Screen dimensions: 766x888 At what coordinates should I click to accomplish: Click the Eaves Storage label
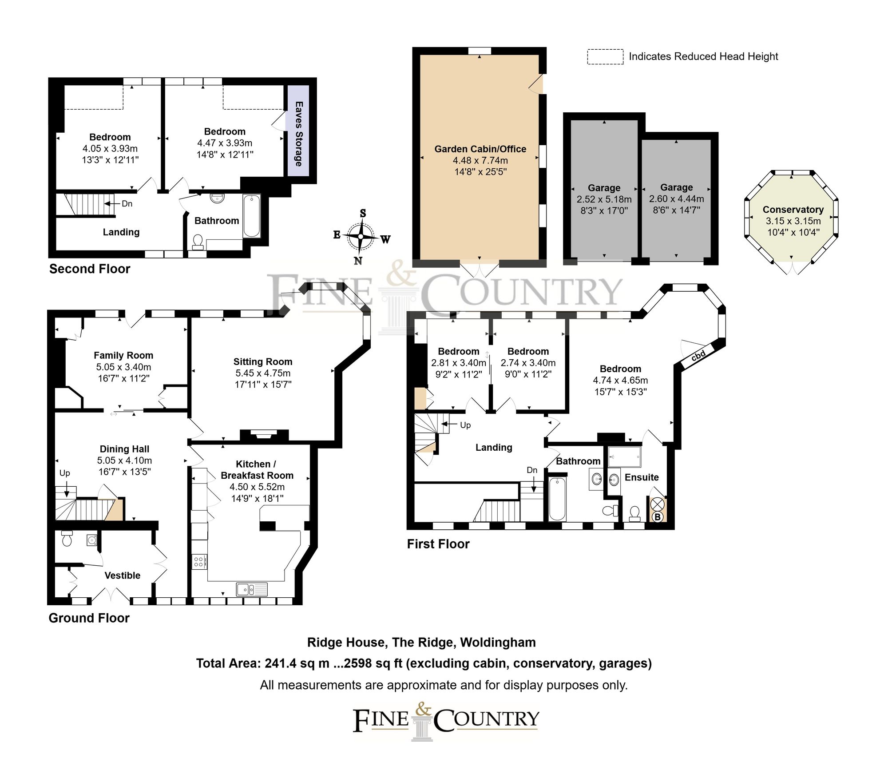pyautogui.click(x=299, y=134)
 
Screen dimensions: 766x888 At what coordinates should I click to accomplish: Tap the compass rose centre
pyautogui.click(x=361, y=237)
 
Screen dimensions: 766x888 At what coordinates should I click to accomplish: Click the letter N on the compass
pyautogui.click(x=358, y=261)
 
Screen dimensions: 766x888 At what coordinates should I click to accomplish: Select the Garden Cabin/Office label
pyautogui.click(x=480, y=149)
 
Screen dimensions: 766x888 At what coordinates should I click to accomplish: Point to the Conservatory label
pyautogui.click(x=793, y=210)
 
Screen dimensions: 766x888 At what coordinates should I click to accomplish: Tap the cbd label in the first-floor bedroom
pyautogui.click(x=698, y=356)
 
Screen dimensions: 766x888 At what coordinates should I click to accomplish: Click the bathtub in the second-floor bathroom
pyautogui.click(x=251, y=216)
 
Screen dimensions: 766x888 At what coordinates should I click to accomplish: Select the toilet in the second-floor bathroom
pyautogui.click(x=198, y=241)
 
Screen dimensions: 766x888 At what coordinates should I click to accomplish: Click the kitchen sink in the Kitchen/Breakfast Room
pyautogui.click(x=252, y=589)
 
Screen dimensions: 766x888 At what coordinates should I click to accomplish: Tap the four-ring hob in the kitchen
pyautogui.click(x=198, y=562)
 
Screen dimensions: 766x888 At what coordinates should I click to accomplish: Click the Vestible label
pyautogui.click(x=122, y=575)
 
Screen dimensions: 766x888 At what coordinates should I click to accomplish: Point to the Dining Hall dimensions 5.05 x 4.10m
pyautogui.click(x=124, y=460)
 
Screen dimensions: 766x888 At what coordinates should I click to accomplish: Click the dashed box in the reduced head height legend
pyautogui.click(x=605, y=57)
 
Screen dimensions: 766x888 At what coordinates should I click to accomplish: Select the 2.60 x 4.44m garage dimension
pyautogui.click(x=676, y=199)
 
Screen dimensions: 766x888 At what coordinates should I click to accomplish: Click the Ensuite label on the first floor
pyautogui.click(x=642, y=477)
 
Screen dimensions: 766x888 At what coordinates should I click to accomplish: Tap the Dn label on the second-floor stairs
pyautogui.click(x=127, y=204)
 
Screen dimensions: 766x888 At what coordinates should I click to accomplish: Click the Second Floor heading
pyautogui.click(x=90, y=269)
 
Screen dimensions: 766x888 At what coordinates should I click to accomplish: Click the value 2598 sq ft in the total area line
pyautogui.click(x=373, y=663)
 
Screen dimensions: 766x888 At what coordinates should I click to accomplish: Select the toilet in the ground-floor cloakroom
pyautogui.click(x=67, y=539)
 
